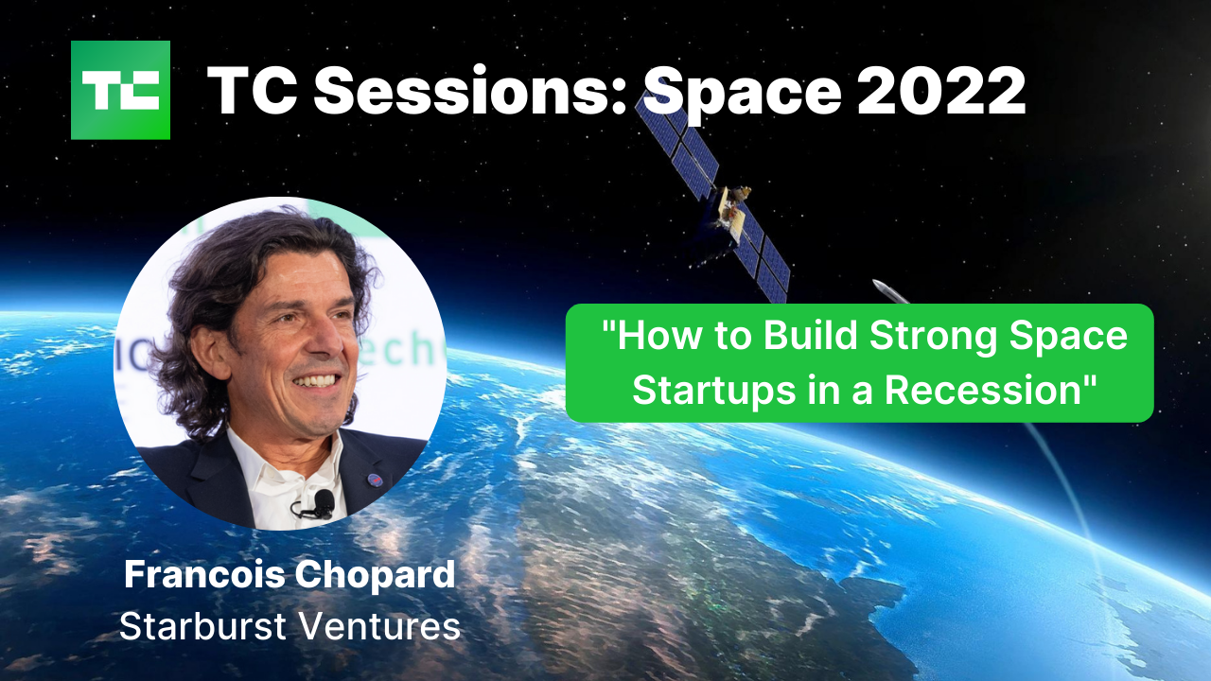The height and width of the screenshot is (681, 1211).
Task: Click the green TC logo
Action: pos(120,90)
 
